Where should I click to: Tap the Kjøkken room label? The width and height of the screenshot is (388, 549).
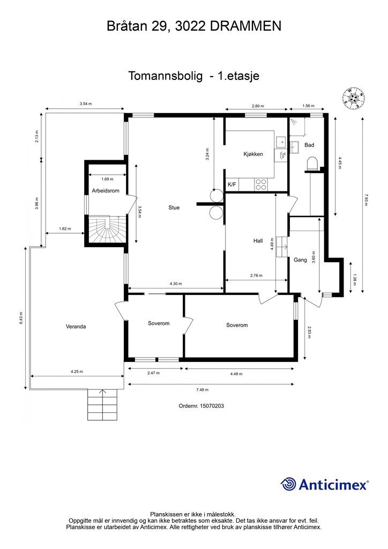[x=253, y=154]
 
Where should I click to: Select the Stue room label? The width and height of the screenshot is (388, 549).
[x=174, y=207]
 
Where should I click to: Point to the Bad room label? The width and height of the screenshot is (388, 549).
[x=309, y=145]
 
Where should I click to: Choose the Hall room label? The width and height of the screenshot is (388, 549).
[x=258, y=241]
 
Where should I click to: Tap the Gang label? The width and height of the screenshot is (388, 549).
[x=300, y=260]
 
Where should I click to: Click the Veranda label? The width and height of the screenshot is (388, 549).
[x=76, y=326]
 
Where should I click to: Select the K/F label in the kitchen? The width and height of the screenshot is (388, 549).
[x=232, y=185]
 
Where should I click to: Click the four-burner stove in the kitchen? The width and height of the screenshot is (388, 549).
[x=261, y=184]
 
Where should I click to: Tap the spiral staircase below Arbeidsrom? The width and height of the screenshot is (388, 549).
[x=107, y=229]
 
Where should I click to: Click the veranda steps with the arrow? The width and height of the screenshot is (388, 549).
[x=102, y=405]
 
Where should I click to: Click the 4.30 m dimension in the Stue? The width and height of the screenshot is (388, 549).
[x=176, y=284]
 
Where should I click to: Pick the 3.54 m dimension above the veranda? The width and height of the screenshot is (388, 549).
[x=85, y=103]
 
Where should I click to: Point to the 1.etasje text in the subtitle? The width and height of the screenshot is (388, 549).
[x=238, y=76]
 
